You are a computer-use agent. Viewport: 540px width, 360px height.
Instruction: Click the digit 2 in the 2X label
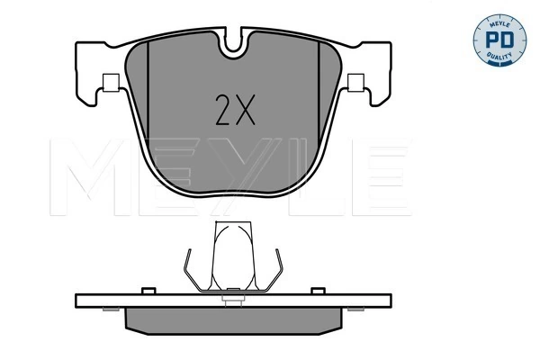(223, 111)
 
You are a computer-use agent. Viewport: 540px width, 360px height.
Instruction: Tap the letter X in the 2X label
(246, 111)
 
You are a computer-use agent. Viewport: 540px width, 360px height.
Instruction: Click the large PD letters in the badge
(496, 40)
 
